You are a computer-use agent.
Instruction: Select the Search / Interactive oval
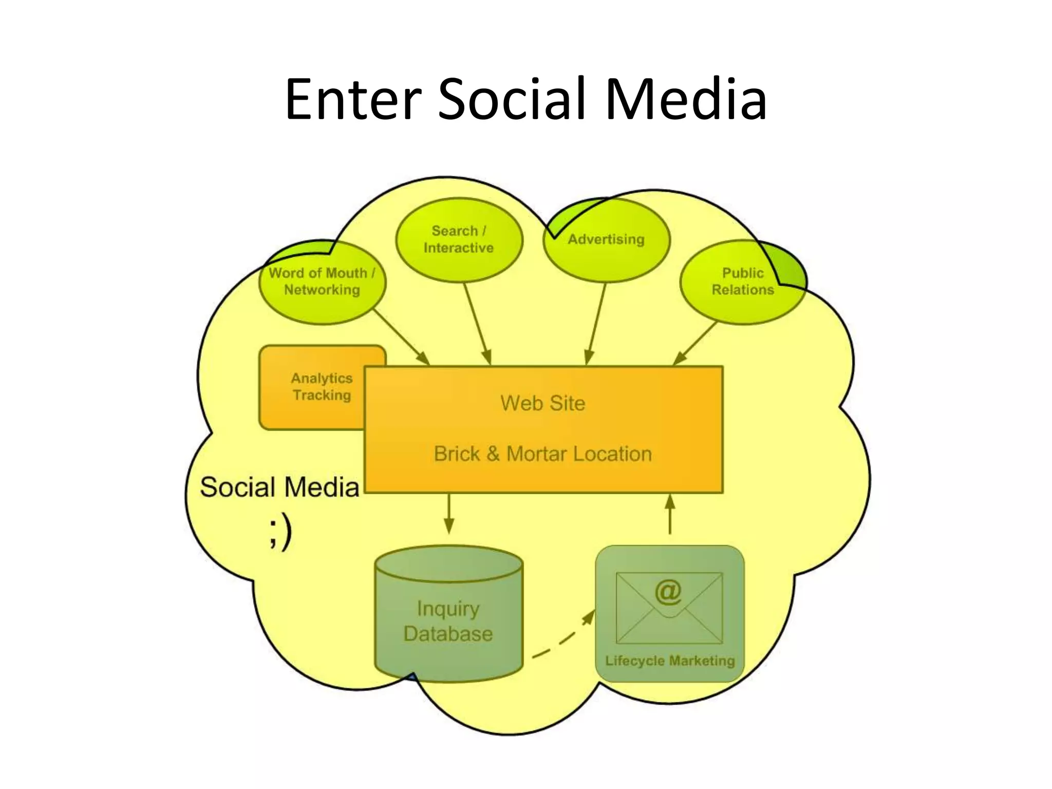459,240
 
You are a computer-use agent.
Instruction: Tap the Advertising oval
606,240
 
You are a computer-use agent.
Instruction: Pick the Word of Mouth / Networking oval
322,282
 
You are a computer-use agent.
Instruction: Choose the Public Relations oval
742,282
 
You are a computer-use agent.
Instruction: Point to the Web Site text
543,403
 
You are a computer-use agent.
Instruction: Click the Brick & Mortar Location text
543,454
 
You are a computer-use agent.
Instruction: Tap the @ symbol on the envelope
668,592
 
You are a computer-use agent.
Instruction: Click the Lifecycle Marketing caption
670,661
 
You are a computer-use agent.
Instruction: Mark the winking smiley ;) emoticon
280,532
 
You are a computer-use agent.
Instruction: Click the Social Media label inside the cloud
279,487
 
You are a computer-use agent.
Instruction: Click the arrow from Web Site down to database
449,513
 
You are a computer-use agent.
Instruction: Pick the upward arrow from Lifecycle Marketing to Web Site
670,514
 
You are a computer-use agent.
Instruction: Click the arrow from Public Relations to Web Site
695,343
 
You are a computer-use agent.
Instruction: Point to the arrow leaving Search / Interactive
478,324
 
